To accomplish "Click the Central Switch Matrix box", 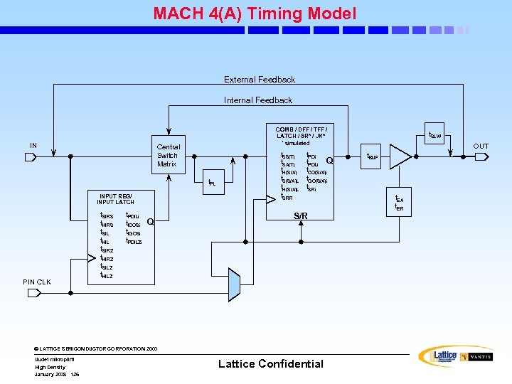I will click(168, 156).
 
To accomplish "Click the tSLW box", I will click(434, 135).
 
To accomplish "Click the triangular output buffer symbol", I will click(402, 156).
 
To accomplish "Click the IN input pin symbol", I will click(30, 156).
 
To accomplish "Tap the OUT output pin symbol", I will click(481, 156).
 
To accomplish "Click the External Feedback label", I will click(260, 80).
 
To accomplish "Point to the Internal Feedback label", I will click(258, 100).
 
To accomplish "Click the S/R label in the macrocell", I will click(301, 215).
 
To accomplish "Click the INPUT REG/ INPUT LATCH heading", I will click(116, 198).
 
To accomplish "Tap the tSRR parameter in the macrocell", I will click(287, 198).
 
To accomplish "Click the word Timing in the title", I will click(276, 14).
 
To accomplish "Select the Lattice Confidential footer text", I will click(270, 364).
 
